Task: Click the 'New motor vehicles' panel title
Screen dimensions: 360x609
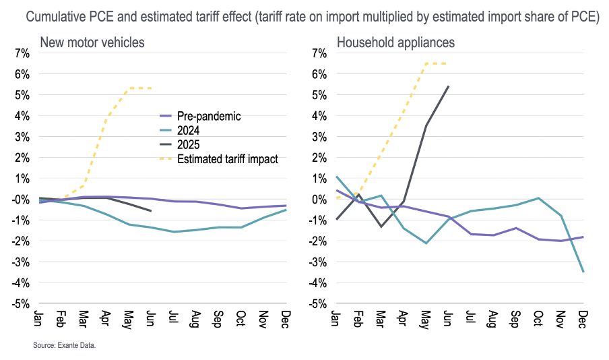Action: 92,43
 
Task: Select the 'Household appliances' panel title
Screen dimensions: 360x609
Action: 395,43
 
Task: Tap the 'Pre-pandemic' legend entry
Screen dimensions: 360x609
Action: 209,116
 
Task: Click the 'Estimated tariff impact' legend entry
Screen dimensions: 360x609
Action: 227,159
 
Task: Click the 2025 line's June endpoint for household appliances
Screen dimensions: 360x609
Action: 449,86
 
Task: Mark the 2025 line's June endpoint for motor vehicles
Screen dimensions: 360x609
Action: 150,211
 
